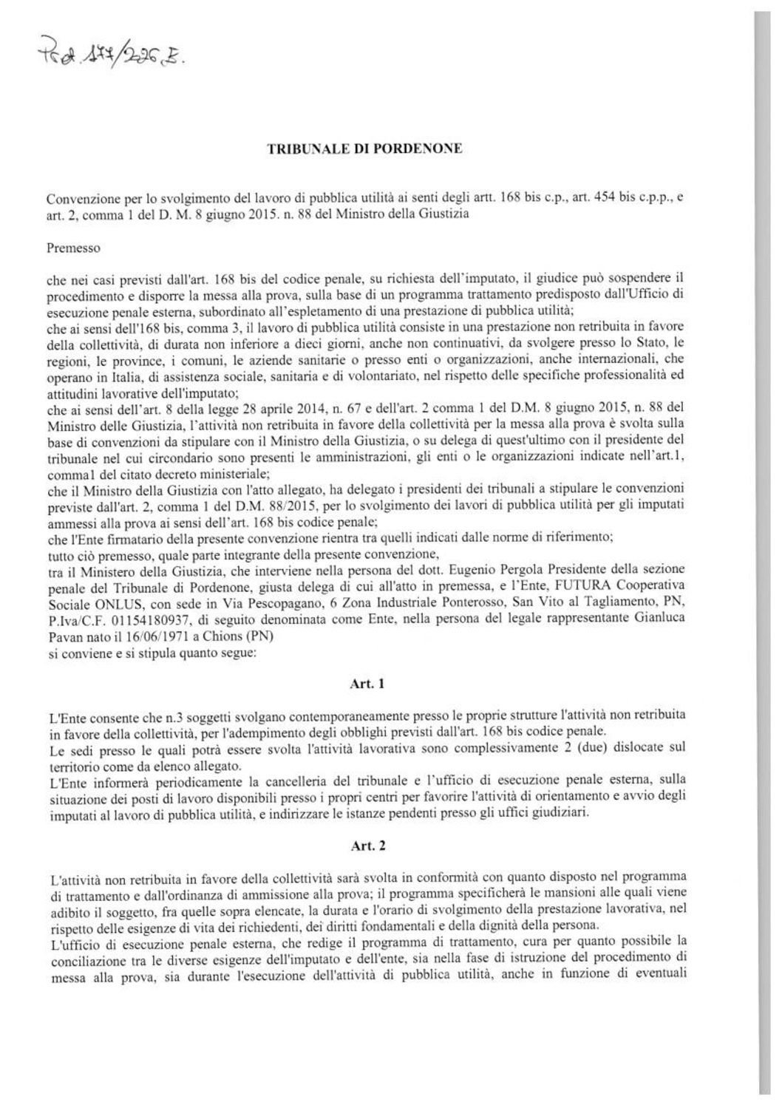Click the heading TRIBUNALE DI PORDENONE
(x=364, y=149)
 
